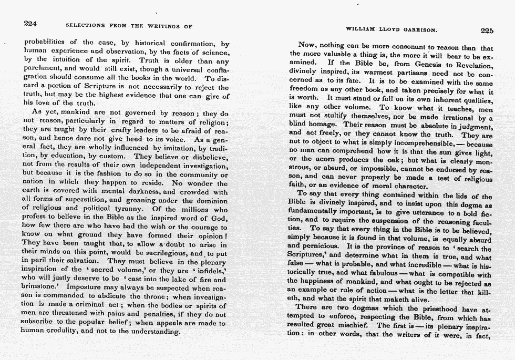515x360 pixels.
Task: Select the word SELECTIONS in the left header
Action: (86, 25)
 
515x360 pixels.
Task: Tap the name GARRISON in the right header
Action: (423, 30)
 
